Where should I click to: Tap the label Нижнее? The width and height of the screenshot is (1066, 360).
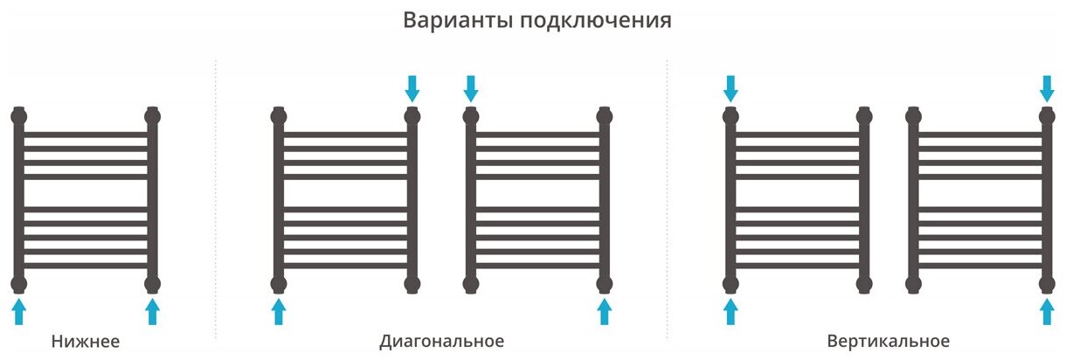click(x=85, y=341)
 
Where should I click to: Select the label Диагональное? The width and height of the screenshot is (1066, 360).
click(x=442, y=341)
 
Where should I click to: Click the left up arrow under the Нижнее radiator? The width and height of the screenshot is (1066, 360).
click(x=20, y=311)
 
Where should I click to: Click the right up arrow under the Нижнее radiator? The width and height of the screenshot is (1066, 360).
click(x=153, y=311)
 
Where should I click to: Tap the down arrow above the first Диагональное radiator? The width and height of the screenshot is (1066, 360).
click(x=412, y=87)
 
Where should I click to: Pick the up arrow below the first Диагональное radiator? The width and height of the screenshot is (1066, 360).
click(x=279, y=311)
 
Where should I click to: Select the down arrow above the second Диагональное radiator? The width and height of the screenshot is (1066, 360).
click(x=471, y=87)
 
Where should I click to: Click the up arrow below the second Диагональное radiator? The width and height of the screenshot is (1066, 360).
click(x=604, y=311)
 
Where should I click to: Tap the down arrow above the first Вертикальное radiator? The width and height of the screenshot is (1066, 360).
click(x=731, y=87)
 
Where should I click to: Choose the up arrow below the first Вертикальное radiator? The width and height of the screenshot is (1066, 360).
click(x=731, y=311)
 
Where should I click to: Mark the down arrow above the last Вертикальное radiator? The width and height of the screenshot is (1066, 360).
click(x=1047, y=87)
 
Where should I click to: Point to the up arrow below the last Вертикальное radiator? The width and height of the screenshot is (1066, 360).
click(x=1047, y=311)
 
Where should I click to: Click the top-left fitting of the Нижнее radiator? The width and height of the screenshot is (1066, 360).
click(x=20, y=114)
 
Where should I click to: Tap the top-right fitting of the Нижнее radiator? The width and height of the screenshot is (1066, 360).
click(x=153, y=114)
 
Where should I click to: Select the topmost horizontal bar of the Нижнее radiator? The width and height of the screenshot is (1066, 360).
click(x=87, y=135)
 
